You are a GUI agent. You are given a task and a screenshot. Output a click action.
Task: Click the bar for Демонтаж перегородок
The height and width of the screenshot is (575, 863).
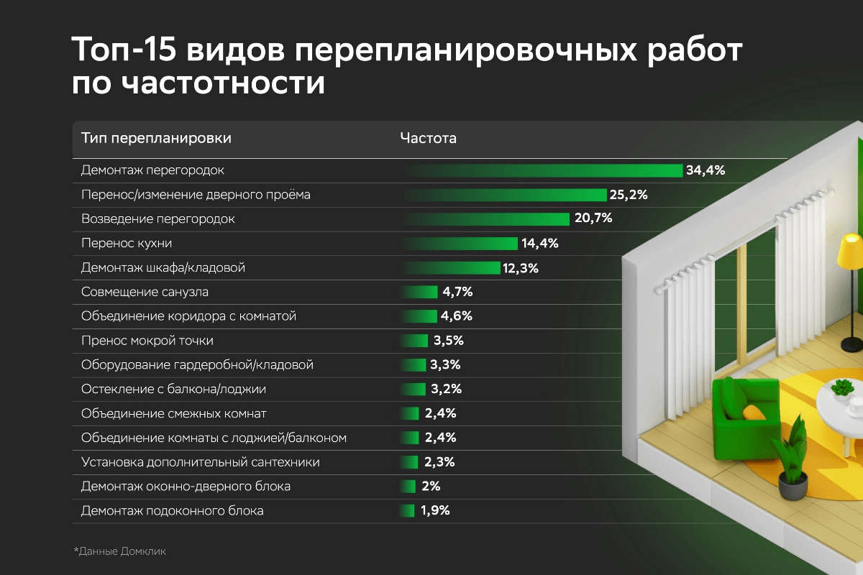pyautogui.click(x=543, y=170)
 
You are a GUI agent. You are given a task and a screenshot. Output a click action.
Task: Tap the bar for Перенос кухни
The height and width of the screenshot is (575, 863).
pyautogui.click(x=460, y=243)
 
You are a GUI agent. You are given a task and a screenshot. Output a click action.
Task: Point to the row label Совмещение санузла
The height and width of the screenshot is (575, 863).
pyautogui.click(x=145, y=292)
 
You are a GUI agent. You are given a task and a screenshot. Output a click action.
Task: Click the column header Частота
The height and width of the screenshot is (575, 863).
pyautogui.click(x=428, y=138)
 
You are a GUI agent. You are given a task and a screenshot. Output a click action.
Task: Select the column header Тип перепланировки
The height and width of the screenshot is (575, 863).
pyautogui.click(x=156, y=138)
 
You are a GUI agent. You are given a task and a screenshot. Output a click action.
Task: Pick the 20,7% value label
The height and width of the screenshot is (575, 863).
pyautogui.click(x=593, y=218)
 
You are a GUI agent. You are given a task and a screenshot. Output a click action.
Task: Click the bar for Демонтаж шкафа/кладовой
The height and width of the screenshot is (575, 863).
pyautogui.click(x=452, y=267)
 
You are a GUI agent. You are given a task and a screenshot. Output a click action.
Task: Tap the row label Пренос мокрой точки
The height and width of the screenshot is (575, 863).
pyautogui.click(x=147, y=341)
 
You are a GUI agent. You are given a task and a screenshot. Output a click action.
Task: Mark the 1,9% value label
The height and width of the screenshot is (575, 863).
pyautogui.click(x=435, y=511)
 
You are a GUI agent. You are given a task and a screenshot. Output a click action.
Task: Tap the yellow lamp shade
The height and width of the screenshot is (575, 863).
pyautogui.click(x=851, y=247)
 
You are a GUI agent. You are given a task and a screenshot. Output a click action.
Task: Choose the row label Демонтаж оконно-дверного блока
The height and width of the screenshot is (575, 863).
pyautogui.click(x=186, y=487)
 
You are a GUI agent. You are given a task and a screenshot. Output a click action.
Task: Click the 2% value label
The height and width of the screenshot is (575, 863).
pyautogui.click(x=431, y=487)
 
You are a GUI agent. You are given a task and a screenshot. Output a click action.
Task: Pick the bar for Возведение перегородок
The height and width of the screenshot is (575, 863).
pyautogui.click(x=487, y=218)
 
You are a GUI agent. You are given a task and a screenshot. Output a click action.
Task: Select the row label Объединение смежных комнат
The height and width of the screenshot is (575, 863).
pyautogui.click(x=174, y=413)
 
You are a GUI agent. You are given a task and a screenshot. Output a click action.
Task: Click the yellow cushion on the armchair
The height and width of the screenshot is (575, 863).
pyautogui.click(x=753, y=412)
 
